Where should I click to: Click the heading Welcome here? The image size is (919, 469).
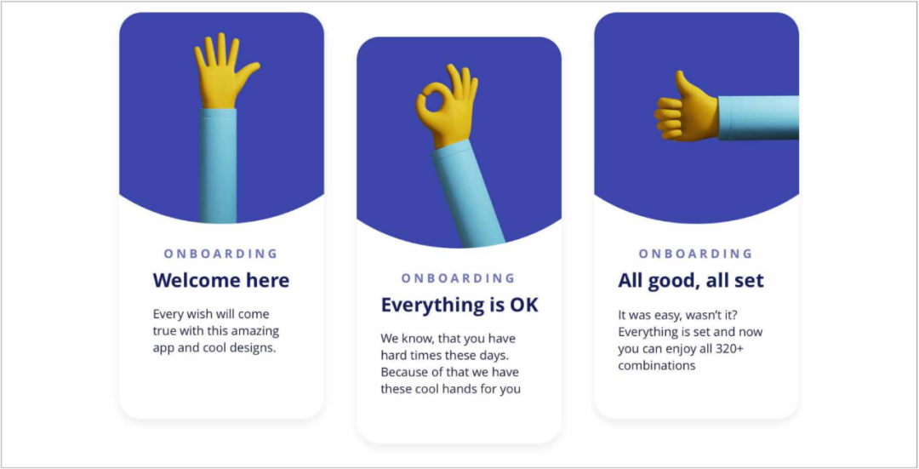click(x=221, y=280)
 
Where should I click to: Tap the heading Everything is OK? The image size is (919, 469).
click(x=459, y=305)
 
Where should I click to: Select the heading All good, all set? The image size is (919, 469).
click(x=691, y=281)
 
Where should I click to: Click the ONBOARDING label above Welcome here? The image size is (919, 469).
click(x=221, y=254)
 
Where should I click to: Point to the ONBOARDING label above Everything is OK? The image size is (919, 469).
click(x=459, y=277)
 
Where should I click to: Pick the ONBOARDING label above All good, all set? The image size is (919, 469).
click(x=696, y=254)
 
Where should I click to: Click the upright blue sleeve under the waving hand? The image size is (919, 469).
click(x=218, y=166)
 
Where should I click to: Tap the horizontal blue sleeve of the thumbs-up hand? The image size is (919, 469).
click(x=758, y=117)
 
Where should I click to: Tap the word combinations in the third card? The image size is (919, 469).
click(x=656, y=366)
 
